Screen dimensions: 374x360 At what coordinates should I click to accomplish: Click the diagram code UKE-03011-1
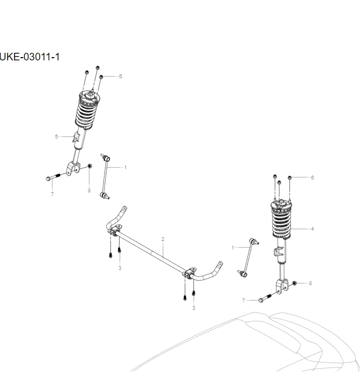[29, 57]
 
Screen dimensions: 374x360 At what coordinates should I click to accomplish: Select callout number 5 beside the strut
[56, 137]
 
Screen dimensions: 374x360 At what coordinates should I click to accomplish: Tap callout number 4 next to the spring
[313, 228]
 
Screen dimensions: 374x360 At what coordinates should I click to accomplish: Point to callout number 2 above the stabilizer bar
[163, 239]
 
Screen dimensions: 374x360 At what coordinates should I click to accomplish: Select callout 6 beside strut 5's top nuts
[120, 76]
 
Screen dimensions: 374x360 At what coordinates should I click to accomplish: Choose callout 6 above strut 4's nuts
[312, 177]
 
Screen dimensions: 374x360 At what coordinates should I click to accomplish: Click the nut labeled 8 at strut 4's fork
[295, 282]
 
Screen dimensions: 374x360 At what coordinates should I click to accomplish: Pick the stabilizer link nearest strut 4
[250, 259]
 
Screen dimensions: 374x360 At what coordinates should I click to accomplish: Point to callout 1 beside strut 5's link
[125, 167]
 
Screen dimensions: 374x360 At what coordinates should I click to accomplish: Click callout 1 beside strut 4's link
[233, 247]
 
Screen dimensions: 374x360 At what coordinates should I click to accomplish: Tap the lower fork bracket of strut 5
[71, 168]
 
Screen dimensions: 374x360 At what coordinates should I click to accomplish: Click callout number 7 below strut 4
[243, 300]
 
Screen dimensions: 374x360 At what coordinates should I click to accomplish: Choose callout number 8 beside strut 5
[89, 190]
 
